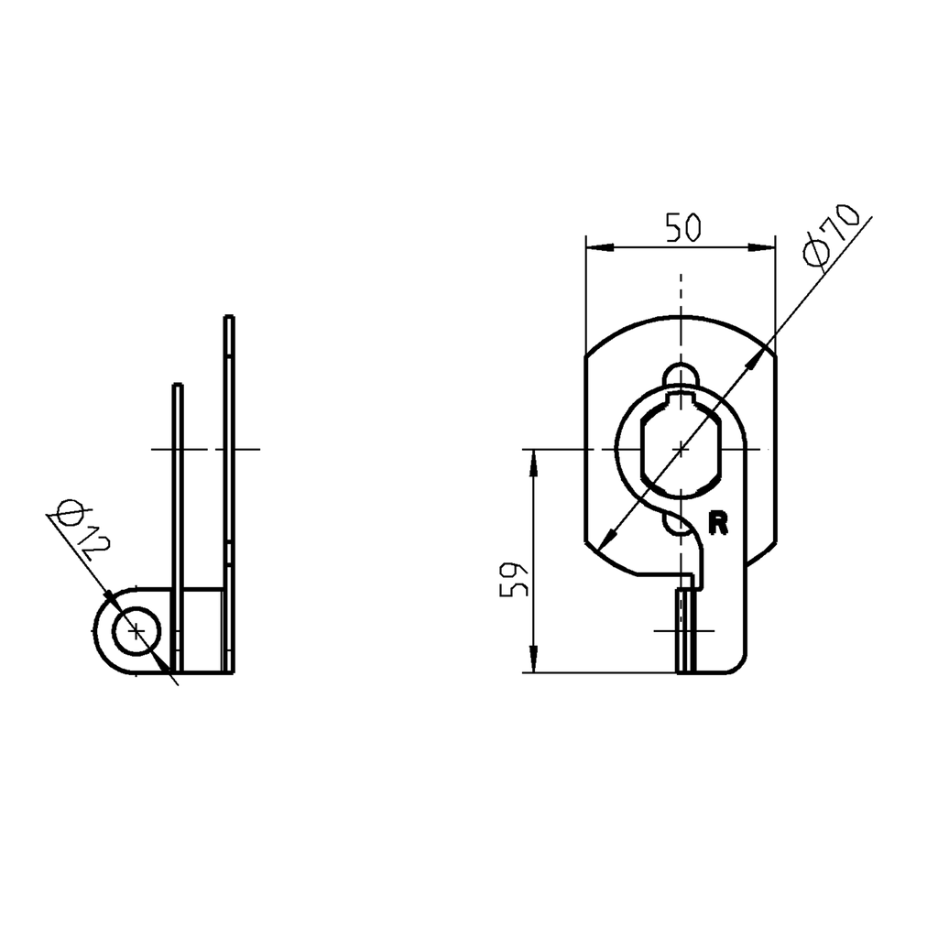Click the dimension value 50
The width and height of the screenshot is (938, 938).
coord(682,227)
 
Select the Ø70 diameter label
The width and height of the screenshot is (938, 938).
coord(828,235)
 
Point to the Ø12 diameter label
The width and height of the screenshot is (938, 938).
coord(82,529)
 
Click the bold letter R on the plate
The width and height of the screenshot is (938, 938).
coord(718,522)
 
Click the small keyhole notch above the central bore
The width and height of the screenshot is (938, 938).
coord(681,376)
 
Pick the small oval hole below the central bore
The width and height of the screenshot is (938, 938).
coord(681,523)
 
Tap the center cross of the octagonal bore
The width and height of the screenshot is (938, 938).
coord(681,449)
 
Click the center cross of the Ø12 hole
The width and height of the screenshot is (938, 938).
coord(136,631)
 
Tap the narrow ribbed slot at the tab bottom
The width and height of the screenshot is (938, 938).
coord(685,632)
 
